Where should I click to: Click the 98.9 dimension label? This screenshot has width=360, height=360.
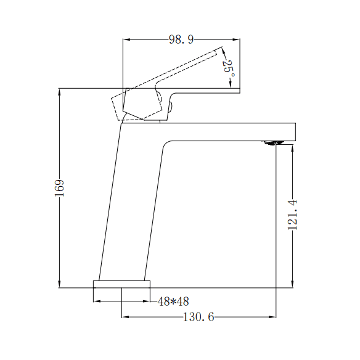pyautogui.click(x=181, y=40)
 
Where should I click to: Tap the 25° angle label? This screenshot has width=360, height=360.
pyautogui.click(x=228, y=68)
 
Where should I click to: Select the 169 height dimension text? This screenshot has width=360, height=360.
pyautogui.click(x=60, y=188)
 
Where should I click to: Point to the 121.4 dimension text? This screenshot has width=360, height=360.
pyautogui.click(x=293, y=215)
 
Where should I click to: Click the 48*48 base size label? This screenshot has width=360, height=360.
pyautogui.click(x=173, y=301)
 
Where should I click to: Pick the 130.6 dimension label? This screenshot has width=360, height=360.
pyautogui.click(x=198, y=317)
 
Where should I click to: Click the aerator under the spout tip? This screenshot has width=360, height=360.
pyautogui.click(x=274, y=143)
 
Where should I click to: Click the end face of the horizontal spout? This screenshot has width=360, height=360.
pyautogui.click(x=296, y=132)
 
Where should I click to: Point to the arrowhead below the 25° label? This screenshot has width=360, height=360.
pyautogui.click(x=230, y=84)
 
